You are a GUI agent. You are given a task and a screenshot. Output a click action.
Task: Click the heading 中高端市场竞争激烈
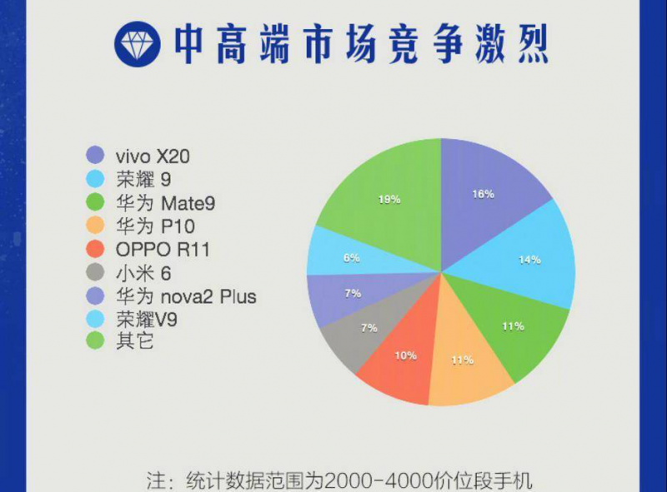pyautogui.click(x=360, y=44)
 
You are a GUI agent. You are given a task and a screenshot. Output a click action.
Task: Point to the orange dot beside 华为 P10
pyautogui.click(x=96, y=226)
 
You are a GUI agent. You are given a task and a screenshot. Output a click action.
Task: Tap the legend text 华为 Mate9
pyautogui.click(x=159, y=202)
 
